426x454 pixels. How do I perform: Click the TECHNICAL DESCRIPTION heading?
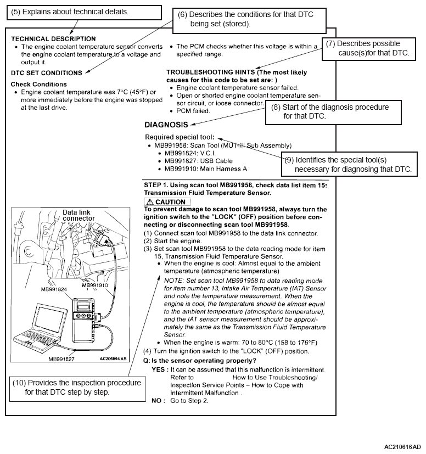click(x=53, y=39)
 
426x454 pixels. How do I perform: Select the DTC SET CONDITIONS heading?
click(x=47, y=72)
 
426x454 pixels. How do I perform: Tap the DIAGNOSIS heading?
click(x=167, y=125)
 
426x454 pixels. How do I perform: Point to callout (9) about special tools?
click(x=349, y=164)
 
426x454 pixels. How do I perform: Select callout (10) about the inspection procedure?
click(x=76, y=388)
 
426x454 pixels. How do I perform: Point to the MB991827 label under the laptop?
click(x=61, y=358)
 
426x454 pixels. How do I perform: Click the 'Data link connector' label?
click(x=76, y=215)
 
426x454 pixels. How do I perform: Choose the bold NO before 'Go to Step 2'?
click(x=157, y=401)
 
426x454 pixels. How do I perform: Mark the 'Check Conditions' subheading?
click(x=38, y=84)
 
